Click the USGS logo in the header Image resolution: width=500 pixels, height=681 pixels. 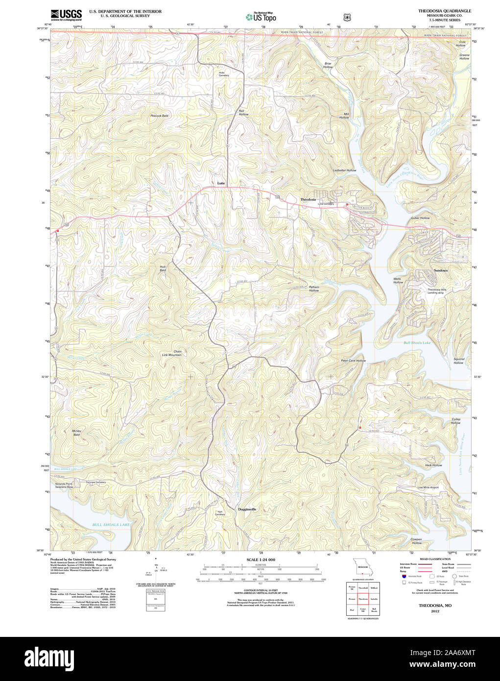click(66, 15)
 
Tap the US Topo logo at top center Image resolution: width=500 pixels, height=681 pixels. click(261, 17)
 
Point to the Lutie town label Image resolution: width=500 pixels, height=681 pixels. click(221, 183)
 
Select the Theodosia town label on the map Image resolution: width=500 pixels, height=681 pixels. click(308, 200)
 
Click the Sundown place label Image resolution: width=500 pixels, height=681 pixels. click(440, 270)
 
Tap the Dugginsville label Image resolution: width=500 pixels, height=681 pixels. click(247, 510)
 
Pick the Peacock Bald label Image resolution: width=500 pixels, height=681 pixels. click(159, 116)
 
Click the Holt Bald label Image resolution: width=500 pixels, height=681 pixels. click(163, 268)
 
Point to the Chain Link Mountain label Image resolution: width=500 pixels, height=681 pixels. click(172, 353)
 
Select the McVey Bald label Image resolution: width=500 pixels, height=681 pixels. click(76, 433)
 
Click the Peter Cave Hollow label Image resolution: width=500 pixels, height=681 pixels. click(353, 361)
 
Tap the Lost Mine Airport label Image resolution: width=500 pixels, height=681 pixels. click(428, 487)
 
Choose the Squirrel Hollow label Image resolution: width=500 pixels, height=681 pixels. click(458, 361)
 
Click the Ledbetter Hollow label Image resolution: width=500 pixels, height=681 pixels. click(344, 170)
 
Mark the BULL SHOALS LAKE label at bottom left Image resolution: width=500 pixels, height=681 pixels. click(111, 525)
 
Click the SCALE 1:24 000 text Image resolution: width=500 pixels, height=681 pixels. click(261, 559)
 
